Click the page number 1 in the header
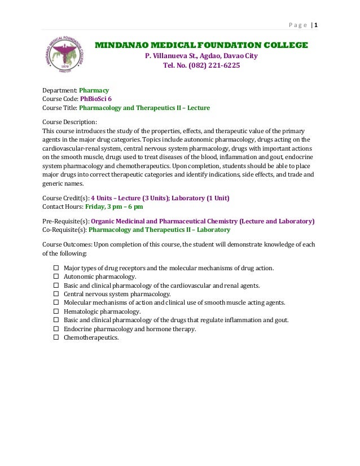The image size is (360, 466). [316, 25]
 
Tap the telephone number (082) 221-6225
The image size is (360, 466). [201, 65]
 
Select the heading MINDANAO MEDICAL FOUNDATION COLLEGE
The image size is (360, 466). [201, 45]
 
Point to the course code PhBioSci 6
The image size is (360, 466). [96, 98]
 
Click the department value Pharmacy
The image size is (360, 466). [94, 90]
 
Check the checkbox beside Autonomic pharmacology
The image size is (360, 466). [56, 277]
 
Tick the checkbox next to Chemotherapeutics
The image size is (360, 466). [56, 337]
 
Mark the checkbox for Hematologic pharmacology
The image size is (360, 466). [56, 311]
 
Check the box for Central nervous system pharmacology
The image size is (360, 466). [56, 294]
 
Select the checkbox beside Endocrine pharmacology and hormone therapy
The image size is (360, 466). [56, 329]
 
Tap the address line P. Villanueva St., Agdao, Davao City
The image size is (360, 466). [201, 56]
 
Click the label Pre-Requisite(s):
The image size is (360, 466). [66, 222]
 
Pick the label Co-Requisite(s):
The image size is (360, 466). [65, 230]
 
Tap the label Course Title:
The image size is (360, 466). [60, 107]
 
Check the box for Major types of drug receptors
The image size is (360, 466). [56, 268]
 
